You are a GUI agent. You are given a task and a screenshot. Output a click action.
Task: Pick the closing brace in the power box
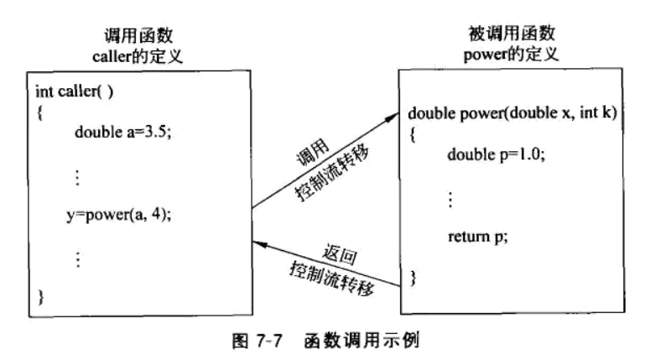click(412, 276)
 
